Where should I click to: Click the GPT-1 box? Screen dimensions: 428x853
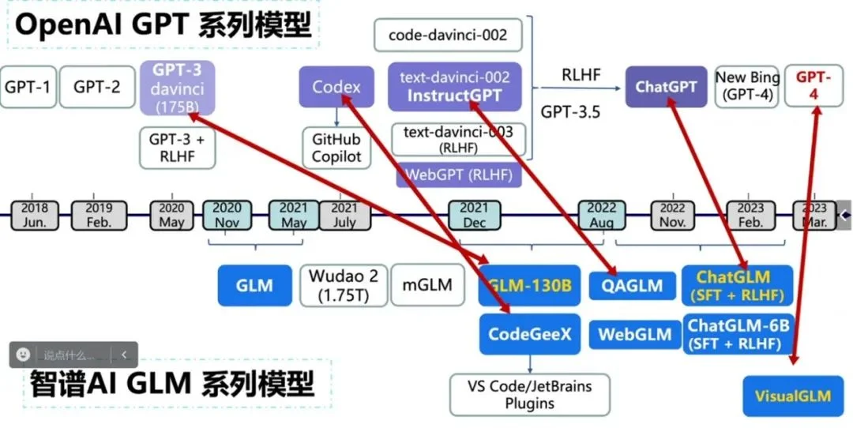click(28, 87)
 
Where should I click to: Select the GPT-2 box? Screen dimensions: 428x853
click(97, 87)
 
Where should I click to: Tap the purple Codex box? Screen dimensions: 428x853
click(336, 87)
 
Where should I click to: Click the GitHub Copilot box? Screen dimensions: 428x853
click(336, 148)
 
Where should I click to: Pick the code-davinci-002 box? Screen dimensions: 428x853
click(448, 36)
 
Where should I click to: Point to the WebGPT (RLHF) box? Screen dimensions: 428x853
click(459, 174)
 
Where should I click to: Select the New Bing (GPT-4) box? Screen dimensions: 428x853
click(747, 87)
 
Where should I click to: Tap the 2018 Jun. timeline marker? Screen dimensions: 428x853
click(35, 215)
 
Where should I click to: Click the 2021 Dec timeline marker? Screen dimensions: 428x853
click(475, 215)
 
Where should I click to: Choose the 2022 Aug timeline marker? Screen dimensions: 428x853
click(602, 215)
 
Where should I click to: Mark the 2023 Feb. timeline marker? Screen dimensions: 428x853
click(750, 215)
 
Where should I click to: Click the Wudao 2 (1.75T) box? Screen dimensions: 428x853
click(344, 286)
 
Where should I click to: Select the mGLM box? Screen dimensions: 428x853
click(427, 284)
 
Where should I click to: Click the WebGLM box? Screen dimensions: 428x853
click(634, 334)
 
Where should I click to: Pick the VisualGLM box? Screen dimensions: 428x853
click(792, 396)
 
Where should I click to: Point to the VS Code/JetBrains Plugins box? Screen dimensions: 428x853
click(530, 395)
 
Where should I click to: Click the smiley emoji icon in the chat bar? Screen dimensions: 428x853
click(24, 355)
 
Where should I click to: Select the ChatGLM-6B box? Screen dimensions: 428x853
click(738, 334)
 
